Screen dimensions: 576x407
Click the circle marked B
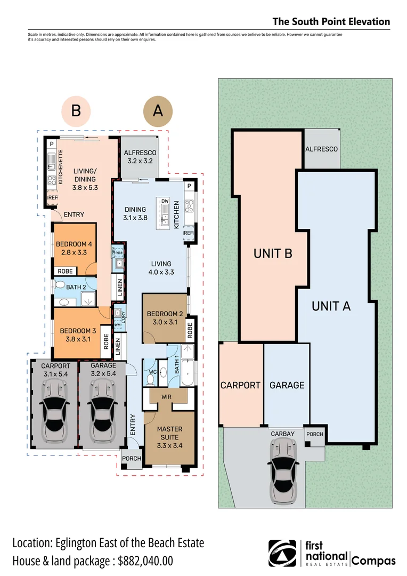(x=76, y=111)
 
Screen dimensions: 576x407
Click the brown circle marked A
(x=158, y=111)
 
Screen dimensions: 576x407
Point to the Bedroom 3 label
(x=78, y=334)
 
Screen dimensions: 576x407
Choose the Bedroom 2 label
(x=165, y=318)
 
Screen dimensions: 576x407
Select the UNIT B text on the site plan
(x=273, y=254)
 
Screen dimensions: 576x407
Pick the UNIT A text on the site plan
(x=331, y=306)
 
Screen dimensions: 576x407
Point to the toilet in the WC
(x=151, y=379)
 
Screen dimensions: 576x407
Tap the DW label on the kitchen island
(x=165, y=201)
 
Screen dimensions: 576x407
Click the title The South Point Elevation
(x=331, y=22)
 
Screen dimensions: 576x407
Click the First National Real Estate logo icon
(x=282, y=553)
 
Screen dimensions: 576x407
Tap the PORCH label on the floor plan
(x=131, y=458)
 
